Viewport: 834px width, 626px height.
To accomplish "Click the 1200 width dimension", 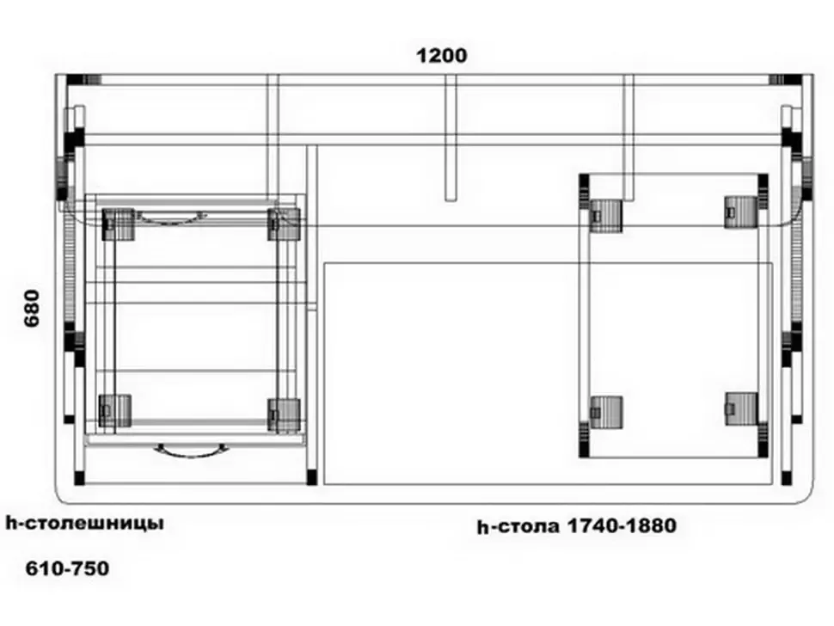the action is coord(441,55).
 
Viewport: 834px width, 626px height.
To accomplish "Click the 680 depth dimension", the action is coord(33,308).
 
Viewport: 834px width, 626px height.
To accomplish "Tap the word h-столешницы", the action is coord(84,524).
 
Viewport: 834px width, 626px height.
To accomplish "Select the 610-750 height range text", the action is coord(68,568).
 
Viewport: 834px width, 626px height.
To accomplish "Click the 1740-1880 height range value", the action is coord(622,525).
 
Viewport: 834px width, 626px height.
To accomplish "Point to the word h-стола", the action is coord(518,526).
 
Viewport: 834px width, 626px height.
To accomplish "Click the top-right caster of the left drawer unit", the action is coord(284,224).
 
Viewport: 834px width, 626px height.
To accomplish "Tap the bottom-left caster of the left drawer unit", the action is coord(115,410).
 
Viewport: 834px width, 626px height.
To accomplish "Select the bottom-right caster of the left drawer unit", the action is coord(284,414).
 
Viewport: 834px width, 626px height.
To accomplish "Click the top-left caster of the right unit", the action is coord(606,216).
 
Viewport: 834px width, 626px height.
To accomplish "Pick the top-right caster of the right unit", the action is coord(741,212).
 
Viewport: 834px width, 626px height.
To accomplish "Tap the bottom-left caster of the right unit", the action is coord(606,412).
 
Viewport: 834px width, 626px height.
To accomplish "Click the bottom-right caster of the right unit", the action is coord(741,409).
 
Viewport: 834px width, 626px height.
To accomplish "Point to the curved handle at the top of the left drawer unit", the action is coord(171,218).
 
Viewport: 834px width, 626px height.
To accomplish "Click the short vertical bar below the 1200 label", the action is coord(451,138).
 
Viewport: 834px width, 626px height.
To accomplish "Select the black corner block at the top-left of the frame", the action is coord(75,80).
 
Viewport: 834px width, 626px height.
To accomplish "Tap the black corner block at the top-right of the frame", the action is coord(794,80).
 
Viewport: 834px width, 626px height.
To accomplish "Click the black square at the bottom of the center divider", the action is coord(312,477).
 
